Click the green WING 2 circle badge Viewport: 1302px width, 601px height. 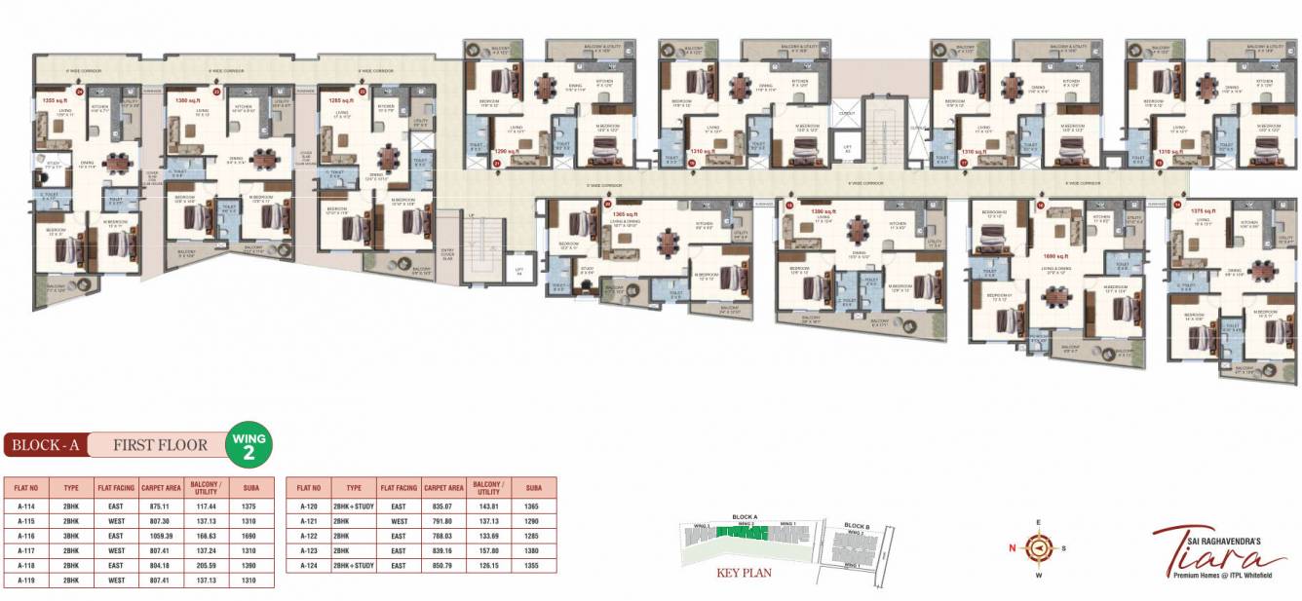249,445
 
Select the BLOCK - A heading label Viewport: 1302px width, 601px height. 45,445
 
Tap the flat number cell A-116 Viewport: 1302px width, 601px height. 27,535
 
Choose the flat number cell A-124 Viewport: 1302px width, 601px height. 309,565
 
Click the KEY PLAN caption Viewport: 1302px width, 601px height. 744,573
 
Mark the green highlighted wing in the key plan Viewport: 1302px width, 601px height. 744,533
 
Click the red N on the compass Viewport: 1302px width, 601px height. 1014,547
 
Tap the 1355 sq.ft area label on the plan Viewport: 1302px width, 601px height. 53,100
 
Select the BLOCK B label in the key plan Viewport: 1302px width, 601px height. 858,527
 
